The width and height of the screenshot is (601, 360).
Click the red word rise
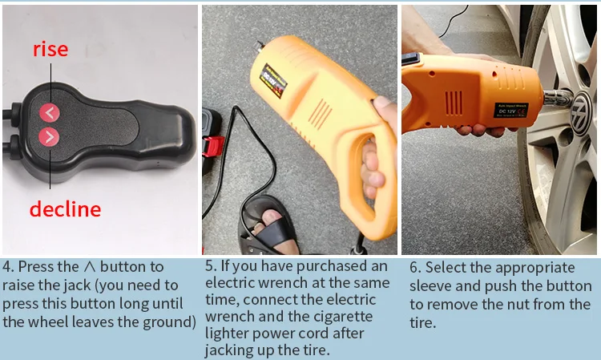coord(50,50)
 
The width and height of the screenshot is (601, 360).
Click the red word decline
coord(65,209)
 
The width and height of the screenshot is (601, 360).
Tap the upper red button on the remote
coord(50,113)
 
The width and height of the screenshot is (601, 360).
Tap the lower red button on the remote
coord(49,137)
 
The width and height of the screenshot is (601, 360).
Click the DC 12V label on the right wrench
coord(511,111)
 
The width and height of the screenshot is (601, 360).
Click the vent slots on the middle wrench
coord(320,113)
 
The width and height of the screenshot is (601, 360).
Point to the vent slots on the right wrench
coord(454,103)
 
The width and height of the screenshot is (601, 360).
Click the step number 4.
coord(8,266)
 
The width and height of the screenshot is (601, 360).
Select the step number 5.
coord(211,265)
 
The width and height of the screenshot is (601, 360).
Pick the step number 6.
coord(415,267)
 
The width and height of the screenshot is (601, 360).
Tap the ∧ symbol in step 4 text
coord(90,267)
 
